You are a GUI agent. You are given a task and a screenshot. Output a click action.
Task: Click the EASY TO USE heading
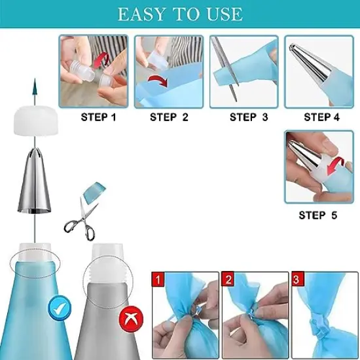pyautogui.click(x=180, y=14)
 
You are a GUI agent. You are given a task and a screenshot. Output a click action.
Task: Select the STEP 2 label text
pyautogui.click(x=169, y=118)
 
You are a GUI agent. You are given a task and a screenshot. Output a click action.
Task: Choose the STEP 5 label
pyautogui.click(x=317, y=215)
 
